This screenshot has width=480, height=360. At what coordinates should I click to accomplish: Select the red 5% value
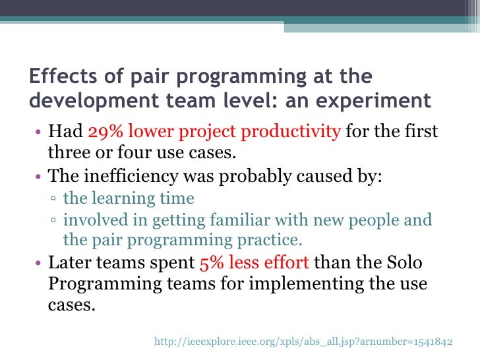click(212, 262)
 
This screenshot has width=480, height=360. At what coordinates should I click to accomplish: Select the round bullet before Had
click(38, 133)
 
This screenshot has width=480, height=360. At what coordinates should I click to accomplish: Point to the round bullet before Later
click(38, 263)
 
